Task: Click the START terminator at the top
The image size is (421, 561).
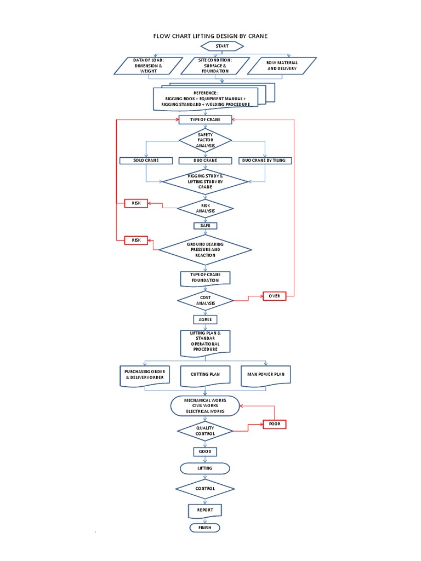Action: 222,46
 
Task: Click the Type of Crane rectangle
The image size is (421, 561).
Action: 205,119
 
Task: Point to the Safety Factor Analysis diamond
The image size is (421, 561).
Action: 206,141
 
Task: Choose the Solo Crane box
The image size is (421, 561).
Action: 145,161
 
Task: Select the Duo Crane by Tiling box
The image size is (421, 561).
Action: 265,161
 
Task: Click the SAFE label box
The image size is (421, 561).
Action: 205,226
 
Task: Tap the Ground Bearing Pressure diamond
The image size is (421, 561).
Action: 205,250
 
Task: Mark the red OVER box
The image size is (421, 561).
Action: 275,296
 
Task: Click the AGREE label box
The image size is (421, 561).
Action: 205,319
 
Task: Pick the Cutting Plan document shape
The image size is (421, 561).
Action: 205,375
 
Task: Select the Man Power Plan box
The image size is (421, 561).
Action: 266,375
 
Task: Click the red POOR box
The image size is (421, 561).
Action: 275,424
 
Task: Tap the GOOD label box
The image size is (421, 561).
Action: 205,452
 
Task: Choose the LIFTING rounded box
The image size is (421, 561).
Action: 205,468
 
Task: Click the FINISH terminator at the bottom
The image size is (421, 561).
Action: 205,528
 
